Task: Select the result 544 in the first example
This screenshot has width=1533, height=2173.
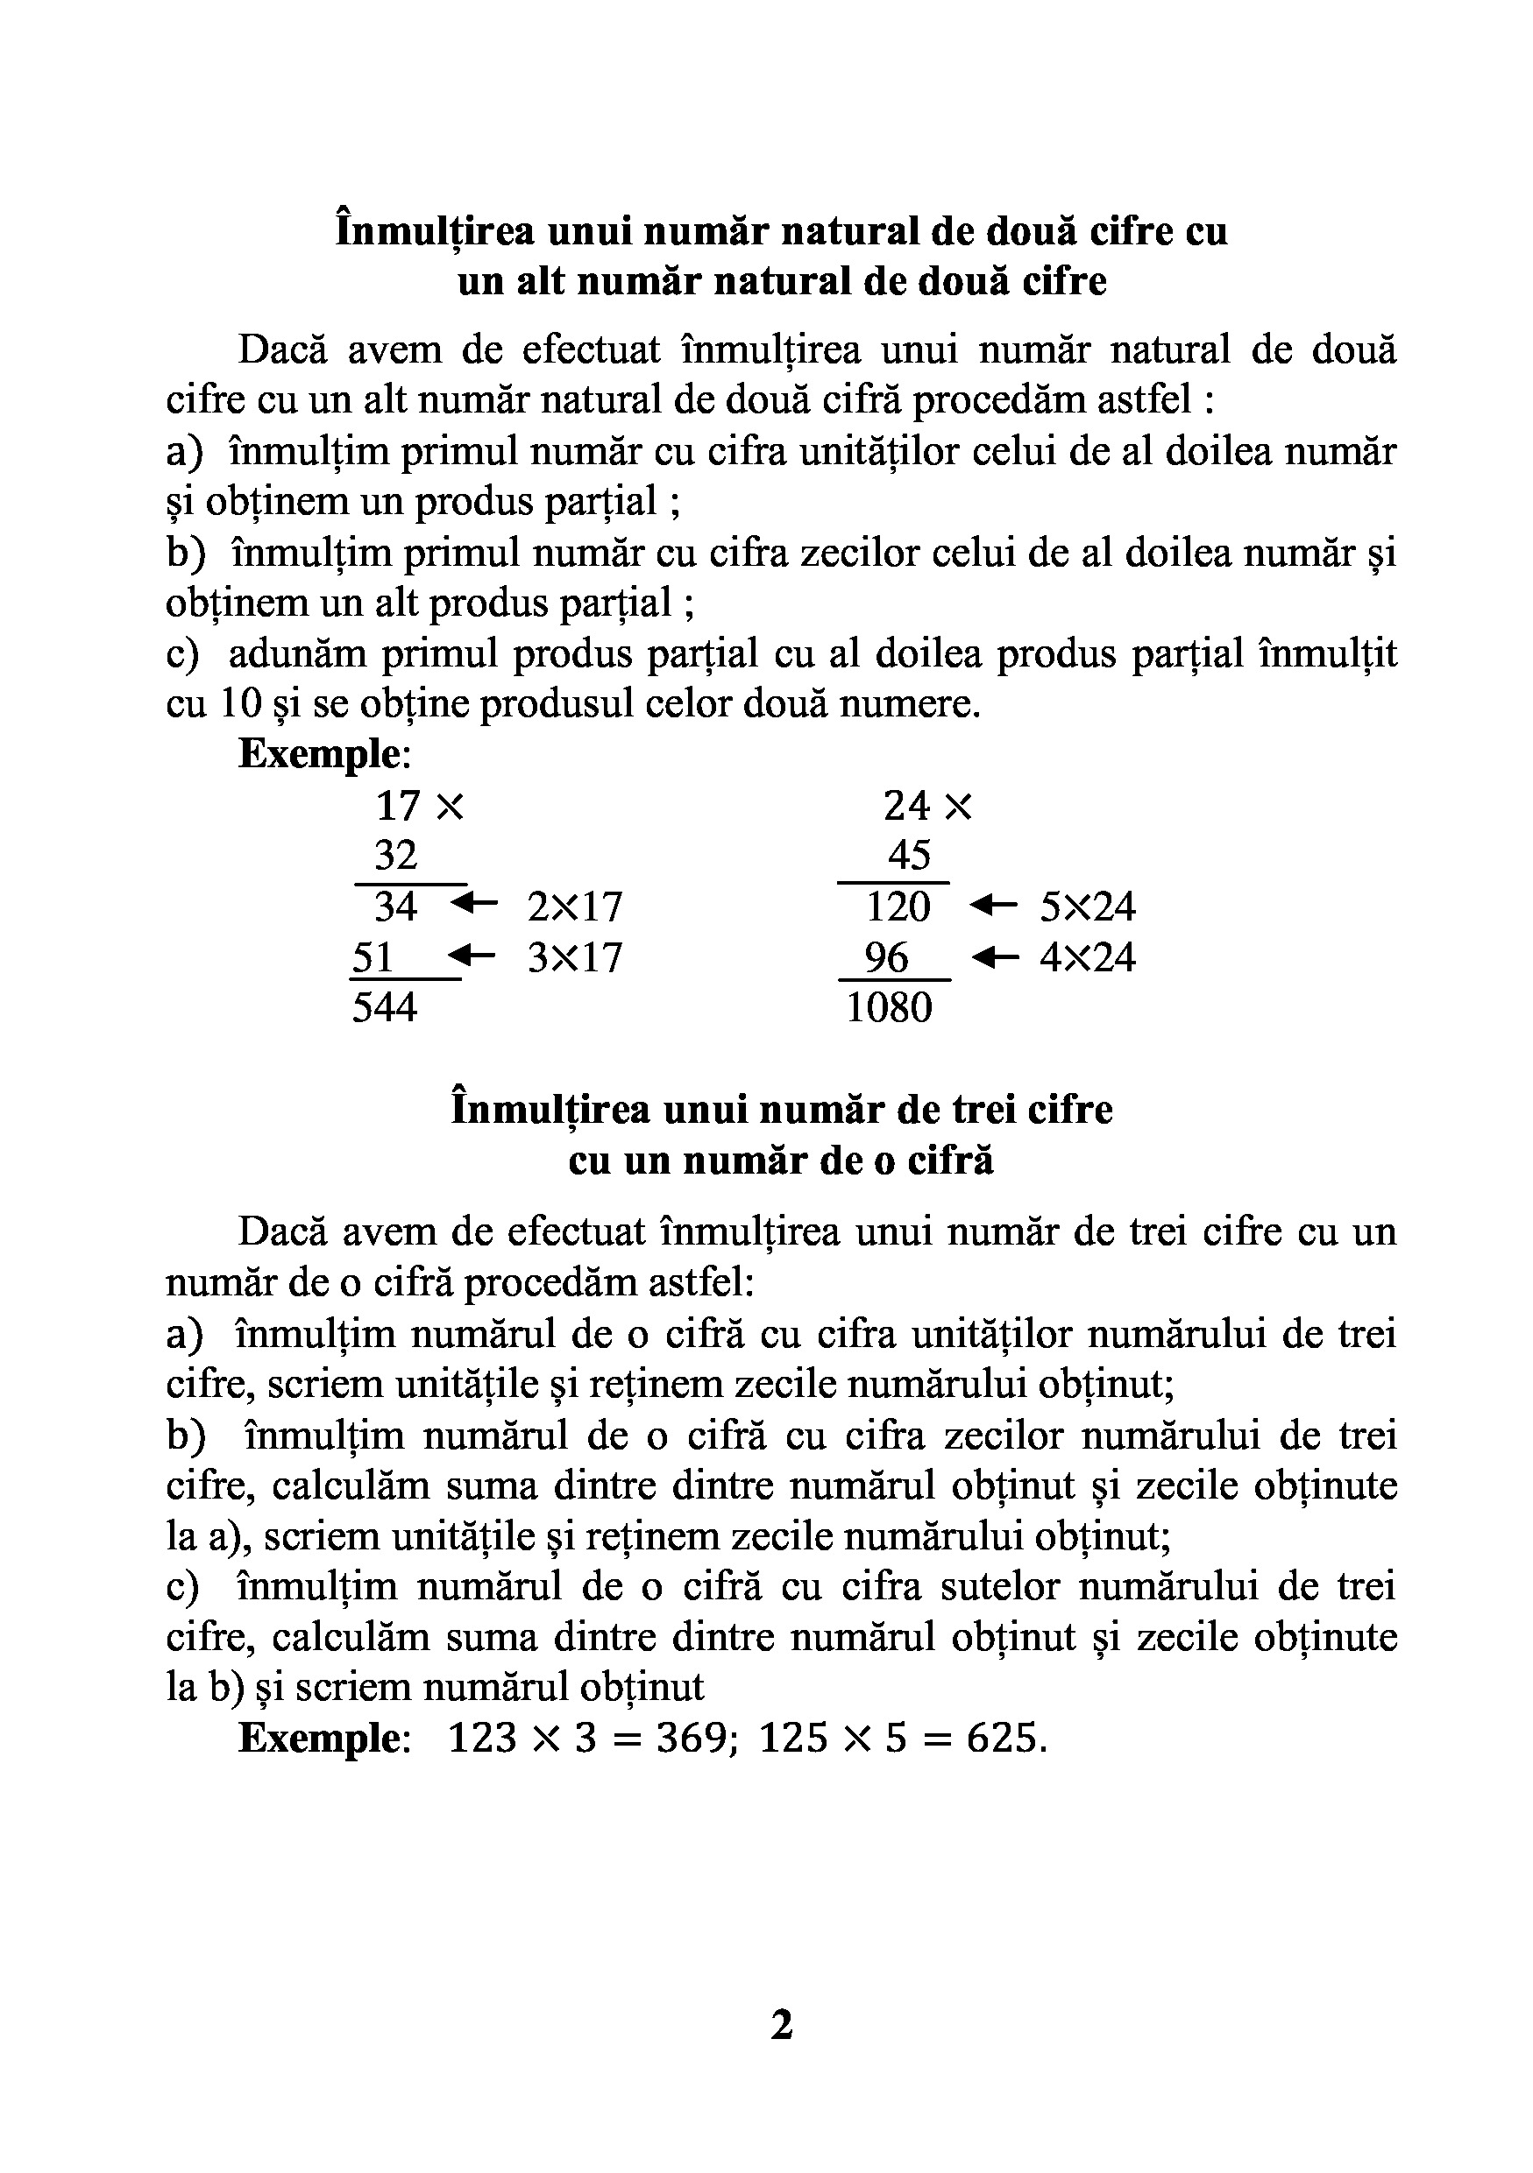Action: (x=385, y=1007)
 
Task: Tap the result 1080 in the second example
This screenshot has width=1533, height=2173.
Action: (x=888, y=1007)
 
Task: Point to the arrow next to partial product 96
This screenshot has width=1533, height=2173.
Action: (x=994, y=956)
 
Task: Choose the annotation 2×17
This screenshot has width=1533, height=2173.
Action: (x=575, y=907)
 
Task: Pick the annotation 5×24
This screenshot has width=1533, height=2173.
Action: (x=1087, y=907)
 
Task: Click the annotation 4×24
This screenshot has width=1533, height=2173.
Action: (x=1087, y=956)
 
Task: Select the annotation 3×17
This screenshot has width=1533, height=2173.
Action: (x=575, y=956)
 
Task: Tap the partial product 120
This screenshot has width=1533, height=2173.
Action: (x=898, y=907)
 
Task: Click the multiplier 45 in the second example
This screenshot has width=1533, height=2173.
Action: (x=909, y=856)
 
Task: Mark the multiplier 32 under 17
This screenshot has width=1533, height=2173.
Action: (x=396, y=856)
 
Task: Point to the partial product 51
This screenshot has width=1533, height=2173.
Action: (x=373, y=956)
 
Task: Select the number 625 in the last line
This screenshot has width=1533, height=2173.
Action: (x=1002, y=1738)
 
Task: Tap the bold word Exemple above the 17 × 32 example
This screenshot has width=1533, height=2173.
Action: (x=320, y=753)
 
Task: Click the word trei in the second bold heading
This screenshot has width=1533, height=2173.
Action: (x=990, y=1109)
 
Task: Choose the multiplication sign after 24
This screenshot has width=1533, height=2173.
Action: (x=958, y=807)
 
